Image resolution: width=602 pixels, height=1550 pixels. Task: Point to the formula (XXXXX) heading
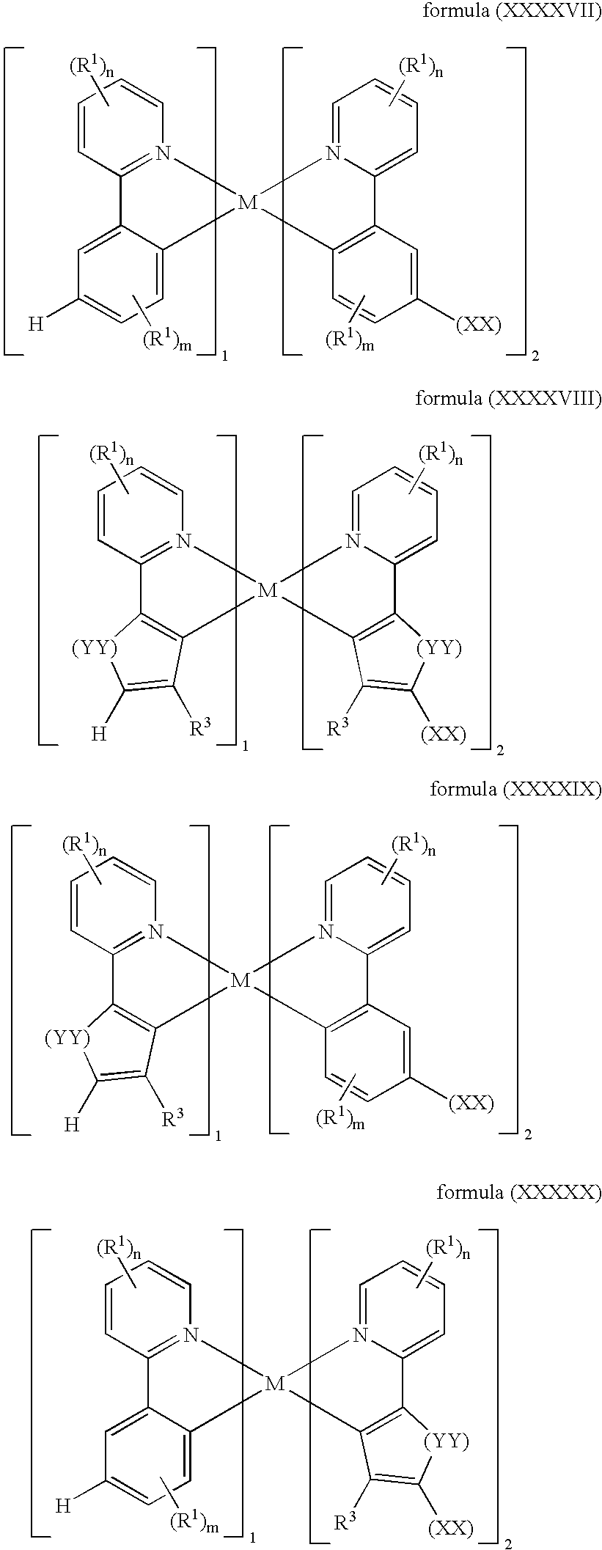tap(518, 1193)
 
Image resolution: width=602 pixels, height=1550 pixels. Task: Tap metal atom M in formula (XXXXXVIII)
tap(268, 590)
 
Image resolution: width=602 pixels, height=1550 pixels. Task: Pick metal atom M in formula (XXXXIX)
tap(240, 980)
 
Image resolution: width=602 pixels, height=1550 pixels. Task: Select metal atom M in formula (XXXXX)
tap(274, 1384)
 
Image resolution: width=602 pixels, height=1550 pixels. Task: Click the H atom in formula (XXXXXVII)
tap(36, 323)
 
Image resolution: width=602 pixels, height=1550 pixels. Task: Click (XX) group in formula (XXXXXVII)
tap(478, 325)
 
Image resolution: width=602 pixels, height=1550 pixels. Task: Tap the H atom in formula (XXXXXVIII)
tap(100, 733)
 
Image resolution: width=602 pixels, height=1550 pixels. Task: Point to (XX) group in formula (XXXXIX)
tap(471, 1102)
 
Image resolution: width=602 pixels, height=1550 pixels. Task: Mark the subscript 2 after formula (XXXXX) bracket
tap(507, 1542)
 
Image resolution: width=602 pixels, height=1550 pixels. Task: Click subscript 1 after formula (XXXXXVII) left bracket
tap(224, 356)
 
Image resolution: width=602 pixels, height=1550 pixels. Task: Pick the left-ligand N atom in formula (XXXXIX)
tap(155, 931)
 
